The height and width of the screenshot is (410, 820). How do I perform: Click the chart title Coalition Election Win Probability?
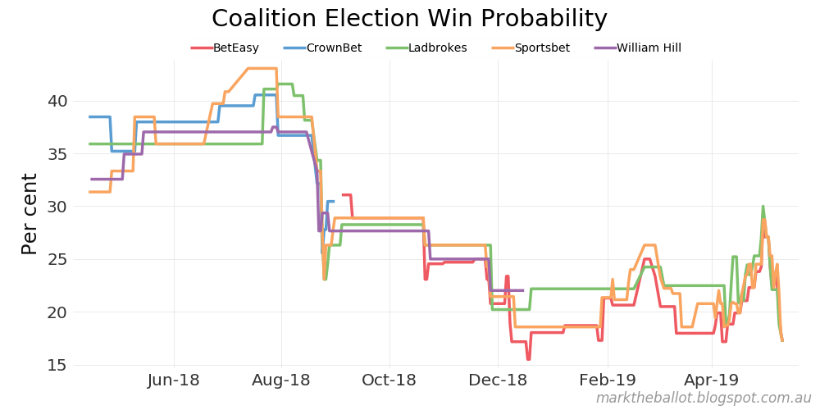click(409, 19)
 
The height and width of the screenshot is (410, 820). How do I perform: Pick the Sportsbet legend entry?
click(542, 48)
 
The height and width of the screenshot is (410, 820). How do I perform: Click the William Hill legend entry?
click(649, 48)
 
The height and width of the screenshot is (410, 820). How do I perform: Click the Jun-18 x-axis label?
click(174, 380)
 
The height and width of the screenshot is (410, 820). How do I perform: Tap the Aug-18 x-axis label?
click(281, 380)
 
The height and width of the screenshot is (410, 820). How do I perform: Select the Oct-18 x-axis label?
click(389, 380)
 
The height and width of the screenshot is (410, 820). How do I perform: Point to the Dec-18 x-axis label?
click(498, 380)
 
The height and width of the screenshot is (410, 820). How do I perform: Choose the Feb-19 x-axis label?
click(608, 380)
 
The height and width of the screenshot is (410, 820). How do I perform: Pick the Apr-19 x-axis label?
click(712, 380)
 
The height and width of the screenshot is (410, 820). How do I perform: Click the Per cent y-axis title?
click(30, 213)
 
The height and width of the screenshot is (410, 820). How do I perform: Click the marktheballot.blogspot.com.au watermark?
click(703, 399)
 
